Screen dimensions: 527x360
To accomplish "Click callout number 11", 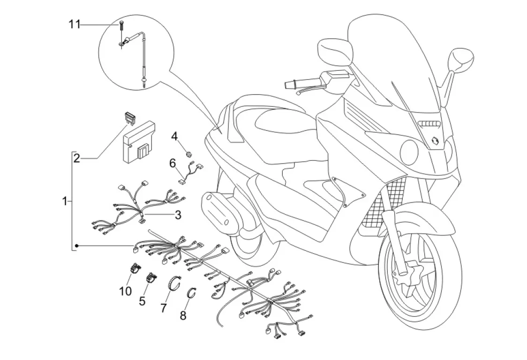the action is (x=75, y=24).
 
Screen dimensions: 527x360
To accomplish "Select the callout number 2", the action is (x=76, y=158).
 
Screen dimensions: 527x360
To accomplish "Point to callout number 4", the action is (x=174, y=136).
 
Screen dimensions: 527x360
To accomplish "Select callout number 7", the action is (x=164, y=308).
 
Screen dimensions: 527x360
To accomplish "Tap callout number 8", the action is (x=183, y=315).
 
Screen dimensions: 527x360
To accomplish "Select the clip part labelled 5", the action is (x=151, y=277).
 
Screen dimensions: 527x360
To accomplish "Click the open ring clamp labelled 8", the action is (x=192, y=292).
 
